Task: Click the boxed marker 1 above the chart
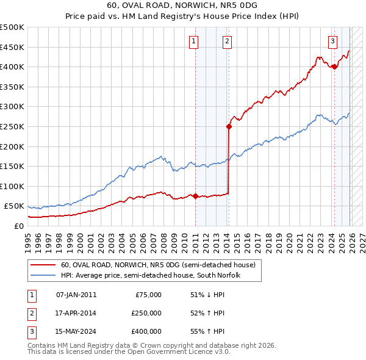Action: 193,41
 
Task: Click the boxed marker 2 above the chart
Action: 226,41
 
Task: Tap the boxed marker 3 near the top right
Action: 332,41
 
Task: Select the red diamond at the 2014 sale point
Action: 229,127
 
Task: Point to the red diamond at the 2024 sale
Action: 334,67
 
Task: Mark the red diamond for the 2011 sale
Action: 195,196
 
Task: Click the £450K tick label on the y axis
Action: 12,47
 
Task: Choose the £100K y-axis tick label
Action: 12,186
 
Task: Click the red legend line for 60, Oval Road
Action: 42,265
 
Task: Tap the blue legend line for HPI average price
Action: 42,276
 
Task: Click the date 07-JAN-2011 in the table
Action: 76,295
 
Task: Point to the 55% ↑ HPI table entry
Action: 207,331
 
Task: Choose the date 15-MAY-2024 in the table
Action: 76,331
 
